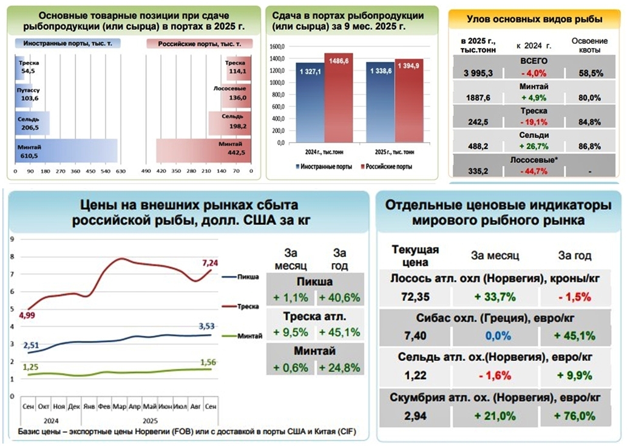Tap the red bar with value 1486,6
point(338,97)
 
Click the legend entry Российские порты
point(388,166)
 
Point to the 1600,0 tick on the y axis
point(277,47)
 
